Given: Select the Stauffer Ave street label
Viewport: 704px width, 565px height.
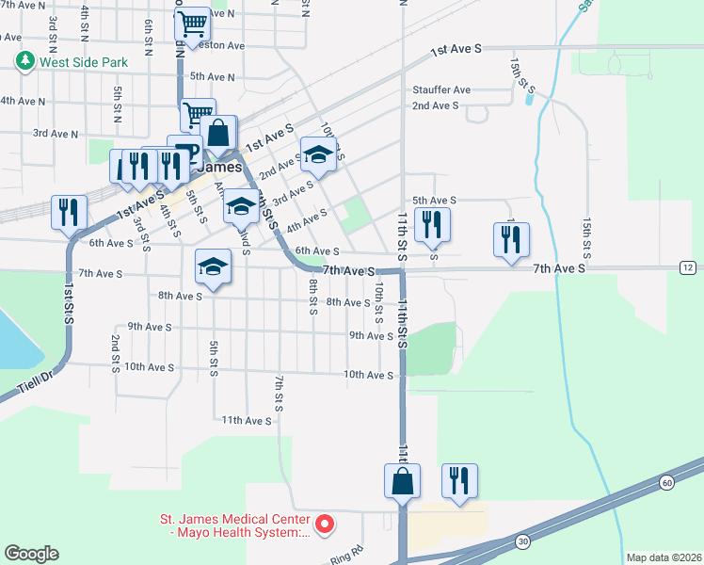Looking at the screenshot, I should pyautogui.click(x=440, y=90).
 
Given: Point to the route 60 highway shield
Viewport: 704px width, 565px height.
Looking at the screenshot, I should pyautogui.click(x=666, y=483).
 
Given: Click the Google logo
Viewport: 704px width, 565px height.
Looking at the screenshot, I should pyautogui.click(x=31, y=554).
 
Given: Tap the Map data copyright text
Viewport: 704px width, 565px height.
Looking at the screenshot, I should pyautogui.click(x=663, y=557).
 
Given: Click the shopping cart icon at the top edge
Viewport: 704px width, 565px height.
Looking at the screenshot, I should pyautogui.click(x=193, y=24).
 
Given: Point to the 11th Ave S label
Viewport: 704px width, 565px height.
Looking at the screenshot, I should pyautogui.click(x=247, y=420).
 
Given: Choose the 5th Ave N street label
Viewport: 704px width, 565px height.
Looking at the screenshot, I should pyautogui.click(x=212, y=76).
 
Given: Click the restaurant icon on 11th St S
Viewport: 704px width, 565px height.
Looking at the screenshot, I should pyautogui.click(x=432, y=223).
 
